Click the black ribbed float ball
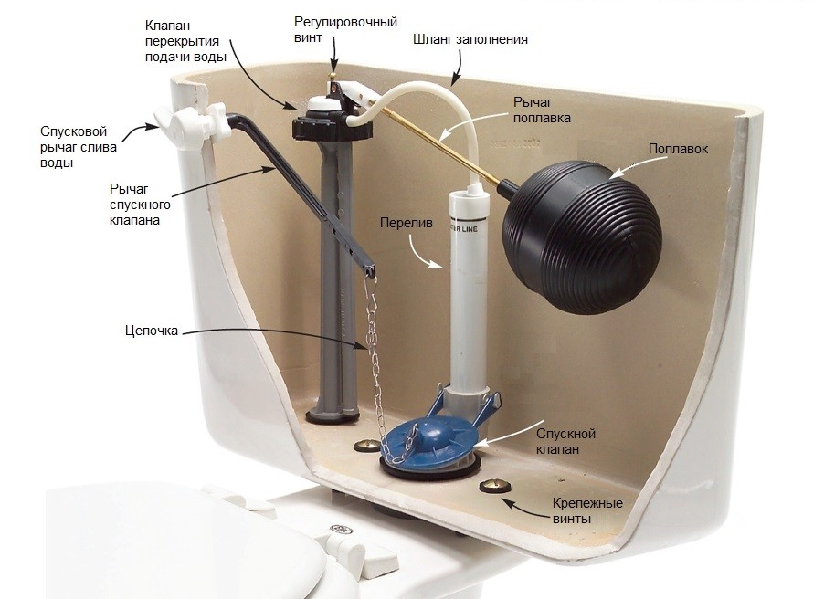[582, 236]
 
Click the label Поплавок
[678, 149]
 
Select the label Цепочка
[152, 331]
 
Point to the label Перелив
[407, 224]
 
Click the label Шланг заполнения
[470, 39]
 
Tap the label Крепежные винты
[587, 510]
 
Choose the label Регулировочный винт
[345, 30]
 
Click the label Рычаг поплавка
[542, 110]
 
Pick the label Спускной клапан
[565, 442]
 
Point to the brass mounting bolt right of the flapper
[494, 485]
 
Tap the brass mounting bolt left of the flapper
[364, 447]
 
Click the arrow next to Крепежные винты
[519, 506]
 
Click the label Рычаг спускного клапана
[140, 204]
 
